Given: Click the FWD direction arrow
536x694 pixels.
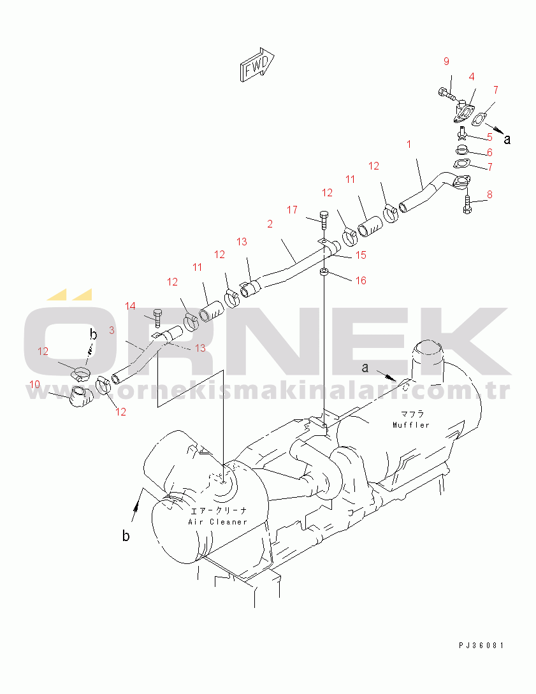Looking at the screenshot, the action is pyautogui.click(x=257, y=64).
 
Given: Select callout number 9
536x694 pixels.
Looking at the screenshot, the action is pyautogui.click(x=446, y=62).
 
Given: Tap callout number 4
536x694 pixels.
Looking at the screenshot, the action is pyautogui.click(x=472, y=77).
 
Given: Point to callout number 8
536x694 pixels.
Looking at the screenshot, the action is pyautogui.click(x=489, y=194).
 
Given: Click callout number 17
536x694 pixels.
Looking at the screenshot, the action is pyautogui.click(x=292, y=210).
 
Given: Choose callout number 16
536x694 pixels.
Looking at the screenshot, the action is pyautogui.click(x=361, y=280).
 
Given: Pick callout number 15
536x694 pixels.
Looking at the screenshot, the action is pyautogui.click(x=361, y=255).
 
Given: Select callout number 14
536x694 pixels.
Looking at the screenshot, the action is pyautogui.click(x=130, y=307).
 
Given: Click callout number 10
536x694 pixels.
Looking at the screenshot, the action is pyautogui.click(x=34, y=384).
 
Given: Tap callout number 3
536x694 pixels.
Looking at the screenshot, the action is pyautogui.click(x=112, y=330).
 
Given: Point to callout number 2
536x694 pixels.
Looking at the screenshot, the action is pyautogui.click(x=270, y=224).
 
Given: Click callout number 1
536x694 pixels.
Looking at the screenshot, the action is pyautogui.click(x=409, y=144).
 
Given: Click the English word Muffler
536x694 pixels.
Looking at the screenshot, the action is pyautogui.click(x=411, y=425).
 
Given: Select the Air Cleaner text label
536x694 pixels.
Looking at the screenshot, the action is pyautogui.click(x=218, y=522).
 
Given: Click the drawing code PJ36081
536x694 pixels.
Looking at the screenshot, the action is pyautogui.click(x=482, y=646).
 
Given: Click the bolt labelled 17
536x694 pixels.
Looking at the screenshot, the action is pyautogui.click(x=324, y=219).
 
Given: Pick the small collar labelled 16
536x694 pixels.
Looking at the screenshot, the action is pyautogui.click(x=324, y=271).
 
